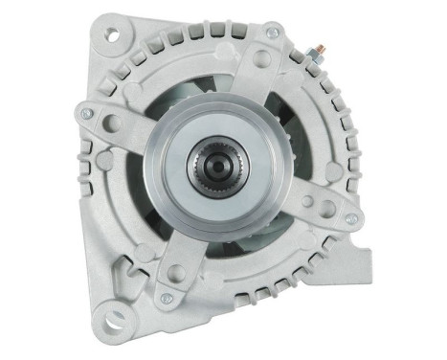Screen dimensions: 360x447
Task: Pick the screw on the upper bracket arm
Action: (x=274, y=34)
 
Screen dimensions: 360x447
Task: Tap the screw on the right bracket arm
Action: (x=351, y=218)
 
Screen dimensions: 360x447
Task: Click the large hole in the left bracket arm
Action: (x=116, y=122)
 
